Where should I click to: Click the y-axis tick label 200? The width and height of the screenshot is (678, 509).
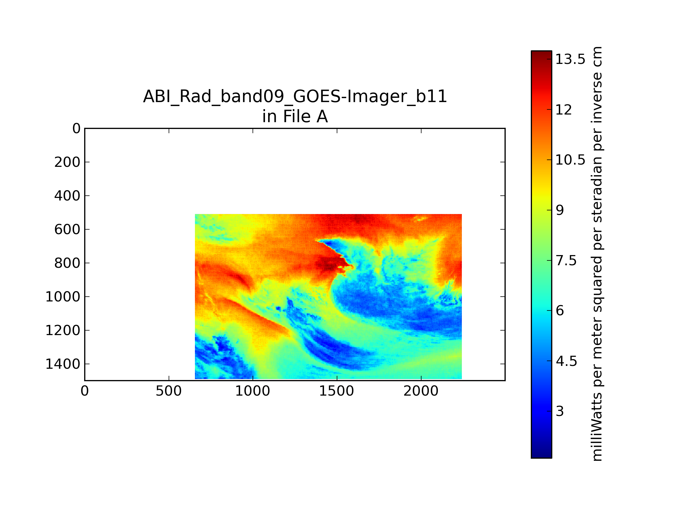pos(67,162)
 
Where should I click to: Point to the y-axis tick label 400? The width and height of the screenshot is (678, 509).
pos(67,196)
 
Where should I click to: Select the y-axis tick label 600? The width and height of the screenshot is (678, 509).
pos(67,230)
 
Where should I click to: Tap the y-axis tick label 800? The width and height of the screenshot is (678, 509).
pos(67,263)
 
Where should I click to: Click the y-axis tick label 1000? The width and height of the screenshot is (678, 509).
pos(63,297)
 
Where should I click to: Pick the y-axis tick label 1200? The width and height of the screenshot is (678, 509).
pos(63,331)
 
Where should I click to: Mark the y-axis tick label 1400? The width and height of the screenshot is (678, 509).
pos(63,364)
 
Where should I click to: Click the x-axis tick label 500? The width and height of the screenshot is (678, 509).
pos(169,391)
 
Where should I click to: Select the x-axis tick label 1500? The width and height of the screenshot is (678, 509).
pos(336,391)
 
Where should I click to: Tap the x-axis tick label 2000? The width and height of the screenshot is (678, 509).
pos(421,391)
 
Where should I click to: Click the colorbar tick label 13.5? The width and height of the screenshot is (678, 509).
pos(570,59)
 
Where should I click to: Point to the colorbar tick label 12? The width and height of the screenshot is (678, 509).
pos(564,110)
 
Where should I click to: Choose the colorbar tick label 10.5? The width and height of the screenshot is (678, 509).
pos(570,160)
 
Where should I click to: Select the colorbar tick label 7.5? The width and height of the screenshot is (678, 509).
pos(566,261)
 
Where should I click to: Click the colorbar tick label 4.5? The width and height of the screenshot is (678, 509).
pos(566,361)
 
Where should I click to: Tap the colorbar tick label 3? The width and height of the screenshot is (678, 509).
pos(560,412)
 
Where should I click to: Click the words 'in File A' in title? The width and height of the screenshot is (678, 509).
pos(295,117)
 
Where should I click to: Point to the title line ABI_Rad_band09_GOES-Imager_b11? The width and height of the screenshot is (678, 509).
pos(295,97)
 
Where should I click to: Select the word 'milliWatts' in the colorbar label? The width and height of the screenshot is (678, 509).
pos(596,427)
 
